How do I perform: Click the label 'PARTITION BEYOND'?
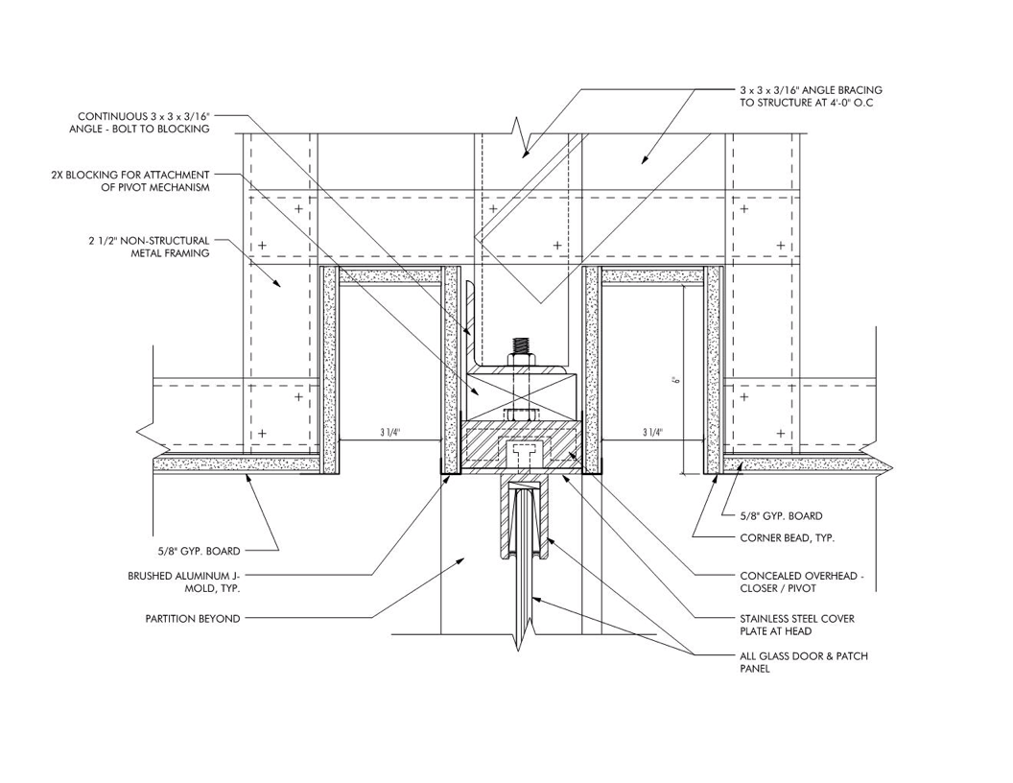click(x=193, y=618)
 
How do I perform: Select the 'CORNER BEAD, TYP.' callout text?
click(x=787, y=537)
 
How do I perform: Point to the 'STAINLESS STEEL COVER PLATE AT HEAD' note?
click(x=797, y=625)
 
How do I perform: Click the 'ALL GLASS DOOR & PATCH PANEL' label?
click(x=804, y=662)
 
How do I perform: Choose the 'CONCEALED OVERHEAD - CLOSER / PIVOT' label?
click(x=802, y=582)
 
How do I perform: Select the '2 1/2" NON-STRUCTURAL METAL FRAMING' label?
click(x=150, y=247)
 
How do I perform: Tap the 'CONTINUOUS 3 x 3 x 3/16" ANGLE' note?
click(x=139, y=122)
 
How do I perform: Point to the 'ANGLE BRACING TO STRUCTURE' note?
click(x=811, y=96)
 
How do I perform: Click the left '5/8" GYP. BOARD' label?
click(x=195, y=551)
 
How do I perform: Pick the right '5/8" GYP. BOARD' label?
click(x=781, y=515)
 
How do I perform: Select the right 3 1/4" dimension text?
click(x=652, y=433)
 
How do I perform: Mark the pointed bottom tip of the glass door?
click(x=521, y=650)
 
